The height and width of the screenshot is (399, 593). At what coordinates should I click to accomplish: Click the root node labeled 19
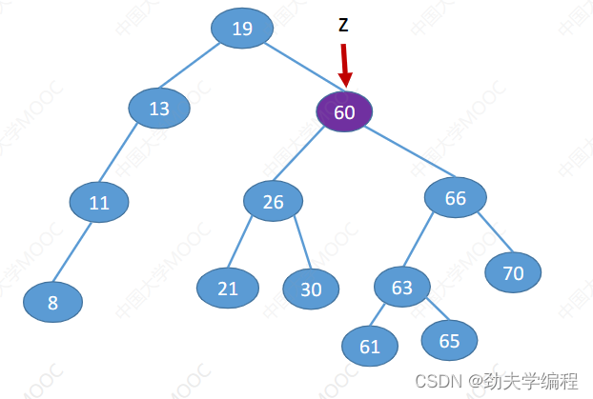click(x=242, y=29)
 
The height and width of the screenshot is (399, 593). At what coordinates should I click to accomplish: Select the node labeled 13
click(x=159, y=109)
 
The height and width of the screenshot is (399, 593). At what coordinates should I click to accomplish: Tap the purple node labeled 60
click(x=344, y=112)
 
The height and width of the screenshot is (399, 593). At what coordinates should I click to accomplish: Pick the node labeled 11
click(x=99, y=202)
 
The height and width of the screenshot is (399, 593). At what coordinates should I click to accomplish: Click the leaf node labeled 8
click(x=53, y=303)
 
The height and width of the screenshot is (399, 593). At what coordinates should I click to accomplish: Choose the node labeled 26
click(x=273, y=201)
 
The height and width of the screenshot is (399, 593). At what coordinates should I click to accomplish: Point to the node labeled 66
click(x=456, y=198)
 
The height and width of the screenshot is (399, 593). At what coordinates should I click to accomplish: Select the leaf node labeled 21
click(x=228, y=289)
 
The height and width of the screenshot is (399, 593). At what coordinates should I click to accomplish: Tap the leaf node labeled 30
click(x=312, y=289)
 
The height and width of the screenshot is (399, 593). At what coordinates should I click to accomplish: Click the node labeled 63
click(x=402, y=287)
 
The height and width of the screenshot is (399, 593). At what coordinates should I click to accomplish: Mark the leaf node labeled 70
click(x=513, y=273)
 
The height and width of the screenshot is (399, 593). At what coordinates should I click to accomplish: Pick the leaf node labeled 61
click(x=370, y=347)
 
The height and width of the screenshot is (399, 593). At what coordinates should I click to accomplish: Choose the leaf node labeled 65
click(x=449, y=339)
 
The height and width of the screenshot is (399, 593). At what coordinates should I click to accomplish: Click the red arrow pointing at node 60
click(x=345, y=67)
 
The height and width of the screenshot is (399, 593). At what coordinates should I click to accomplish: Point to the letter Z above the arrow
click(x=343, y=26)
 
